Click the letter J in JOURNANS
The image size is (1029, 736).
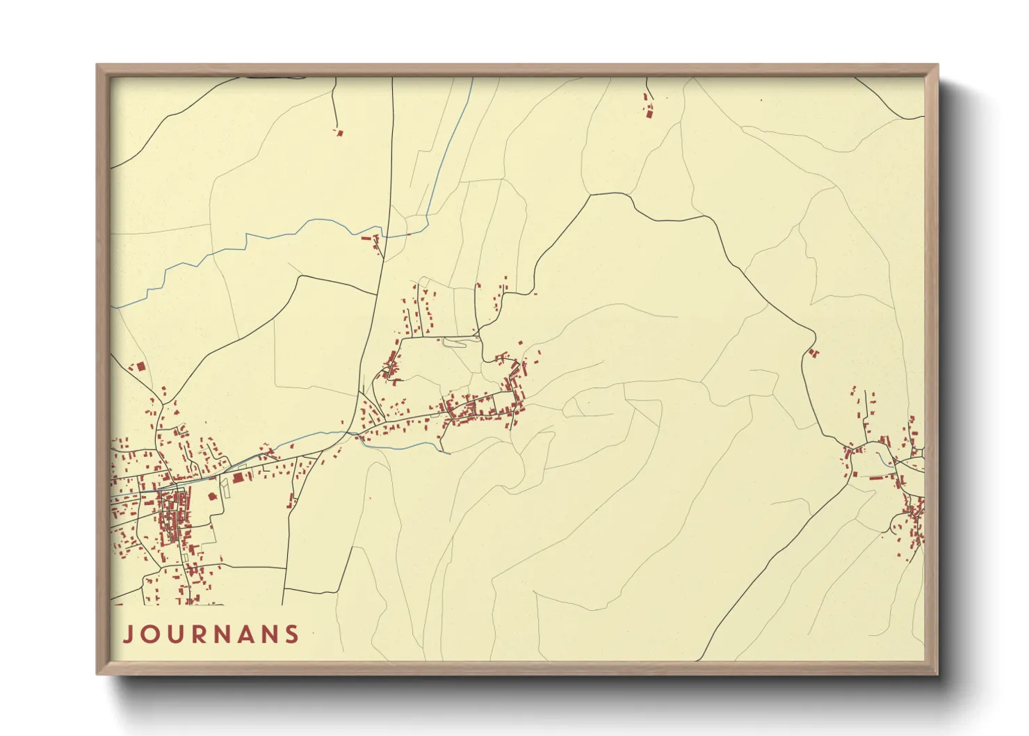[x=129, y=634]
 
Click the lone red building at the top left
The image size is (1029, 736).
[x=339, y=132]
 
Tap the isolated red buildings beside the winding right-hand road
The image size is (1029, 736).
[x=813, y=353]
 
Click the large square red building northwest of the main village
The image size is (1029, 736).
[x=140, y=366]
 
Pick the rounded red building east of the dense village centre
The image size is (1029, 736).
[x=212, y=496]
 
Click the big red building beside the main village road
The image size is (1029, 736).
[x=238, y=477]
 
